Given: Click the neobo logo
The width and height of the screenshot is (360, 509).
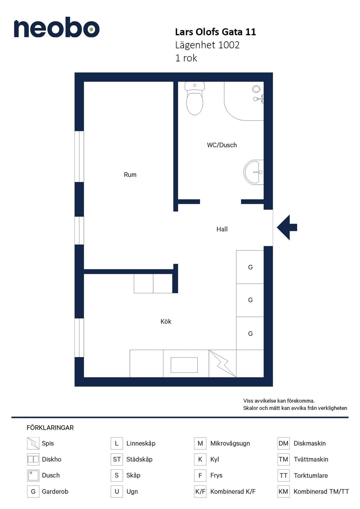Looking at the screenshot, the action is point(57,27).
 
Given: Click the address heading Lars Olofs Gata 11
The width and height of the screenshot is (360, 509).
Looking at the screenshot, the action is point(215,32).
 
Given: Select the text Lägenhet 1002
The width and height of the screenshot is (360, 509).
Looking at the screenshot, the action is point(207,45).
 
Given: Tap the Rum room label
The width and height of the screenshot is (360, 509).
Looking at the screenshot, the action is point(130,175).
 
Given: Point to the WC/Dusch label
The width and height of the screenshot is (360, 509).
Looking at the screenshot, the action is point(222,145).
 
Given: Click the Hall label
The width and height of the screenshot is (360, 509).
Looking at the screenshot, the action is point(222,229).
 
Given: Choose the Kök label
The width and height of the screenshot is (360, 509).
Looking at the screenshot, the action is point(166,321).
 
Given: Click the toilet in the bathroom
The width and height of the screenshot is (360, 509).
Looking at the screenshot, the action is point(194,98).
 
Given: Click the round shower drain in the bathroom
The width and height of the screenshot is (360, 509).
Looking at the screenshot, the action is point(256,89).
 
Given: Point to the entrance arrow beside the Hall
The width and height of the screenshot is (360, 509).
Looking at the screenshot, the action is point(287,227).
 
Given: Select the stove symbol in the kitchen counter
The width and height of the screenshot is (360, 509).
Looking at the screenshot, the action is point(222,364).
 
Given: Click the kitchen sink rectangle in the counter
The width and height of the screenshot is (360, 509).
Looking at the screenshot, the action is point(184,365).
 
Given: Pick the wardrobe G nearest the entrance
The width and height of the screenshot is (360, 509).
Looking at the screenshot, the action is point(250,267).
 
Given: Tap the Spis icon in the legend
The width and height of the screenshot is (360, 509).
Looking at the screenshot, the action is point(33,443).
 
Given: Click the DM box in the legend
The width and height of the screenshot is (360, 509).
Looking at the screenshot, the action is point(283,443).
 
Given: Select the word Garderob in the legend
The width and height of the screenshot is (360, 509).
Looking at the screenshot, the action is point(55,492).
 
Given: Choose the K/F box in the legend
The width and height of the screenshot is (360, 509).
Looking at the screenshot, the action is point(200,492).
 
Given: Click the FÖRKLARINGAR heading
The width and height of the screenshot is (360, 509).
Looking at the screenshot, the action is point(50,428).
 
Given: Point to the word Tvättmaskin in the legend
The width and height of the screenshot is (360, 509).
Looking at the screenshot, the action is point(311,459).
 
